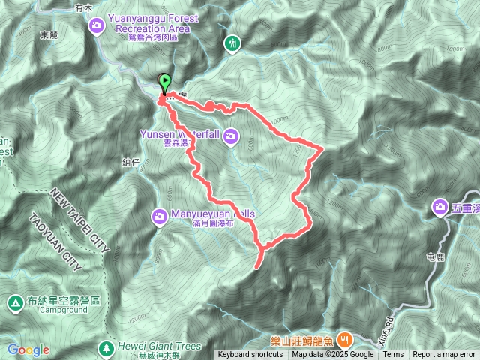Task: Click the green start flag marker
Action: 164,82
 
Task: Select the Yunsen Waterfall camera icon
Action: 231,136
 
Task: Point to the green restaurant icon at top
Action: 232,43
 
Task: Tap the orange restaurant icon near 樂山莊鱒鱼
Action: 345,338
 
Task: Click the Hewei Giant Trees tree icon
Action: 106,347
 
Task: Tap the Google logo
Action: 28,349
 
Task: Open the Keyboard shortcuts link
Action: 250,355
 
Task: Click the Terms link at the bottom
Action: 393,355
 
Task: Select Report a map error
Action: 444,355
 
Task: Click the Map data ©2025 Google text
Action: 333,355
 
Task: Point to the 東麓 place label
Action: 49,34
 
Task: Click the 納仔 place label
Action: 130,162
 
